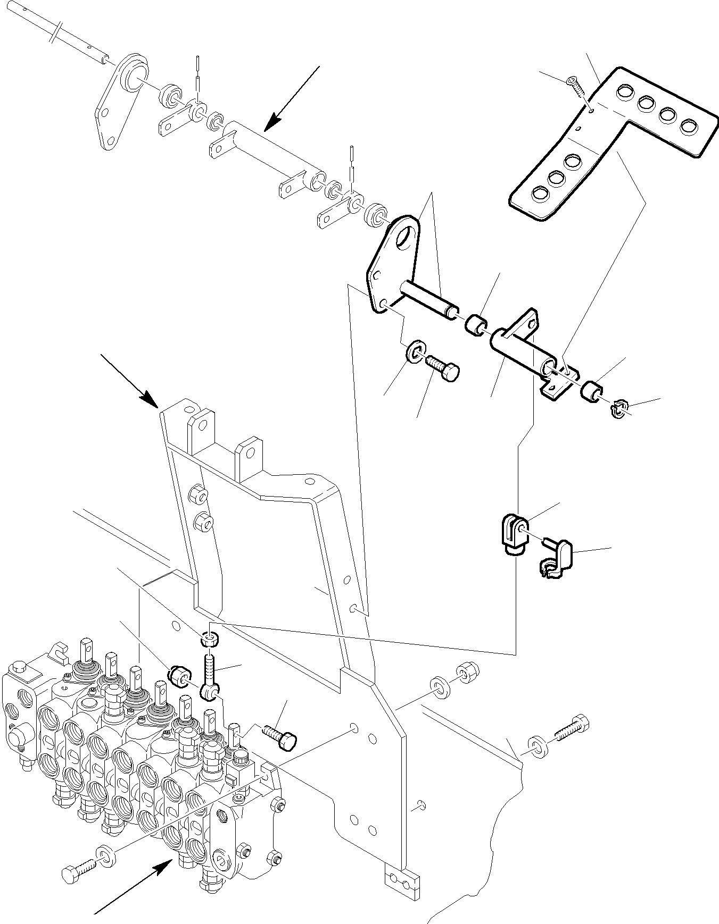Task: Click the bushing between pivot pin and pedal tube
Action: pos(476,325)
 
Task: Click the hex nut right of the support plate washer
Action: pos(468,673)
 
